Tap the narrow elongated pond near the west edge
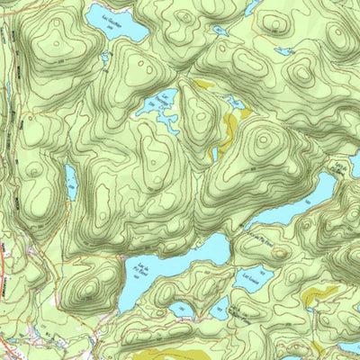pyautogui.click(x=70, y=181)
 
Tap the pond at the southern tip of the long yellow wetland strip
pyautogui.click(x=213, y=153)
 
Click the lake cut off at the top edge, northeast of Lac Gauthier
pyautogui.click(x=253, y=7)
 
